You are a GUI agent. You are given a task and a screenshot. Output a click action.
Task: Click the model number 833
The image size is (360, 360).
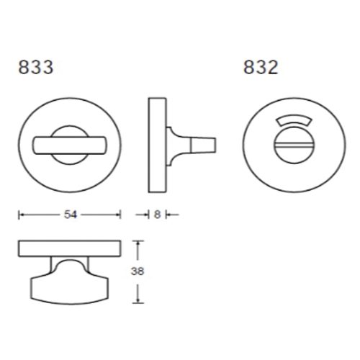tap(36, 67)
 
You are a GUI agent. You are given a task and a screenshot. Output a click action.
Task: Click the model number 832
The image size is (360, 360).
tap(261, 67)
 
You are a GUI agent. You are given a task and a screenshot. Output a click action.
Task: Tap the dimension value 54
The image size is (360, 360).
tap(71, 215)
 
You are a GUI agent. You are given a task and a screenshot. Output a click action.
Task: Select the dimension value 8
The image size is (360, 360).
tap(157, 215)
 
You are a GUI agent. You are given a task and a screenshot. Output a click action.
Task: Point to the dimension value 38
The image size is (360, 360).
tap(138, 271)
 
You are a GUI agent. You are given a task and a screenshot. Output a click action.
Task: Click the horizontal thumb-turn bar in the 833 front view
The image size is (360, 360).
tap(70, 145)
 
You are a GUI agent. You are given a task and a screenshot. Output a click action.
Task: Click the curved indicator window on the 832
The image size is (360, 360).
tap(294, 121)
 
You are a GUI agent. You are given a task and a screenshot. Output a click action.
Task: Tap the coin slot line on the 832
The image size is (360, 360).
tap(294, 145)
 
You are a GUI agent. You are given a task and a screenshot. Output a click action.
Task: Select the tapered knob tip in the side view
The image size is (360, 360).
tap(204, 145)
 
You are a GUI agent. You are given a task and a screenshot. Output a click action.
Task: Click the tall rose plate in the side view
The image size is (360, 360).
tap(157, 145)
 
